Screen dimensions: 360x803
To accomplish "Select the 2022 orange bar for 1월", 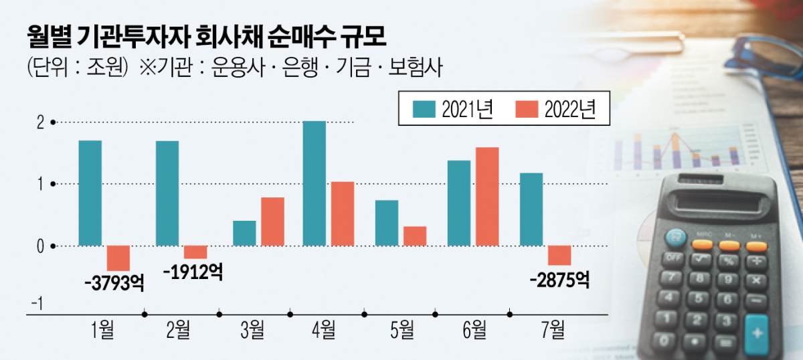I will tap(118, 258).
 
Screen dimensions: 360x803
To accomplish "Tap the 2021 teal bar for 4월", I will tap(315, 183).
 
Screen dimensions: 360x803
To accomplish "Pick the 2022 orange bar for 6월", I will tap(486, 197).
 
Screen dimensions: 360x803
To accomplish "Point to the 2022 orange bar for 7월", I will tap(559, 256).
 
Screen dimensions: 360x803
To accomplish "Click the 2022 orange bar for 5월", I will tap(415, 236).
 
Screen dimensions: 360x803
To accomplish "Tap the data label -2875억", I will tap(558, 279).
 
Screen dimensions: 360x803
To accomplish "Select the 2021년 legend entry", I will tap(452, 109).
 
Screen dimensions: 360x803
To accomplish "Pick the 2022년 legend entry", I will tap(556, 109).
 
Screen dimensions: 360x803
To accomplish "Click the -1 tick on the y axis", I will tap(37, 304).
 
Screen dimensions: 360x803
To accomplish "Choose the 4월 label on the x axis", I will tap(323, 329).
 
